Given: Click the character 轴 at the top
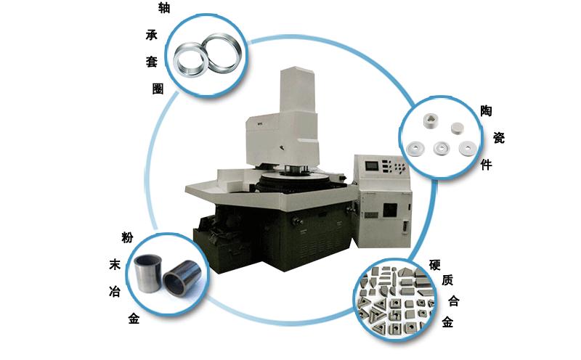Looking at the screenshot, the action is click(164, 8).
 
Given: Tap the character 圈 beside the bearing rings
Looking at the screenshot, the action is click(158, 89).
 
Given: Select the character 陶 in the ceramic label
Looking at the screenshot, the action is click(486, 111).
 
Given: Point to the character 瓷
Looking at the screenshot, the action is click(499, 138).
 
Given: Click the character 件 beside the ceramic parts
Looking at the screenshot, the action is click(486, 165).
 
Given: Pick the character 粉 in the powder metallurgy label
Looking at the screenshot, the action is click(127, 237).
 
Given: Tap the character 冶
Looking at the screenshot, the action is click(115, 292).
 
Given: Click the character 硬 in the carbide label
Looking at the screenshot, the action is click(434, 265).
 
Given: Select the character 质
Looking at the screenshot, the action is click(447, 280).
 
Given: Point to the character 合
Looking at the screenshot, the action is click(453, 300).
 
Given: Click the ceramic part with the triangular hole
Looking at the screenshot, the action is click(431, 120).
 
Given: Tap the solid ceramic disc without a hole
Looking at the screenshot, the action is click(458, 128).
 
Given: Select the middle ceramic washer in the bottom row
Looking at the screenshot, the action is click(442, 148).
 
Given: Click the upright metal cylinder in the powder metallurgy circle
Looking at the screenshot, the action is click(148, 274).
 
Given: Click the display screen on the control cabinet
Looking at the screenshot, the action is click(372, 165).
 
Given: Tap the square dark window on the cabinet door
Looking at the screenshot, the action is click(390, 210).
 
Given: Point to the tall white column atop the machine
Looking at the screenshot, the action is click(298, 89).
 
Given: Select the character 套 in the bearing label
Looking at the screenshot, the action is click(152, 62).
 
